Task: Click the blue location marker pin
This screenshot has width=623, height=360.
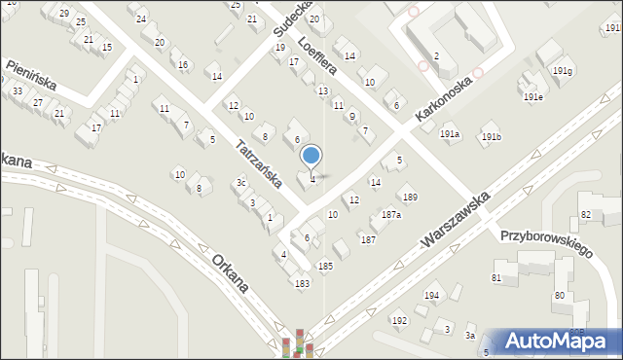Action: point(311,156)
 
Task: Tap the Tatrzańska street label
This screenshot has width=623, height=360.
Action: point(259,163)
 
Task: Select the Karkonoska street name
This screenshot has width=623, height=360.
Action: point(443,99)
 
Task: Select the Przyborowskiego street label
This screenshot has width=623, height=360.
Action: point(546,243)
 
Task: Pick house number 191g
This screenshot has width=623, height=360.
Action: point(563,71)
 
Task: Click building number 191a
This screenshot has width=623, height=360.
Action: point(449,134)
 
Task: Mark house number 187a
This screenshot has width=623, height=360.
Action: point(391,214)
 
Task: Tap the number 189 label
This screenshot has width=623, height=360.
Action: point(410,198)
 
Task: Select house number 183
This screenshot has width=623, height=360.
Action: point(303,283)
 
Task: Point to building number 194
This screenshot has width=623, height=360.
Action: point(431,295)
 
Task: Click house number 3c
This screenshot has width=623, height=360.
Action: point(240,182)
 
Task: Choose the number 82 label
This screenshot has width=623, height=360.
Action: point(585,213)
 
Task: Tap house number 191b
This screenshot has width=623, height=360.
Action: point(491,137)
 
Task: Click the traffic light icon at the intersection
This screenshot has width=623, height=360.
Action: point(299,343)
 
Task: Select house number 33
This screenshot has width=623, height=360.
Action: point(18,90)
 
